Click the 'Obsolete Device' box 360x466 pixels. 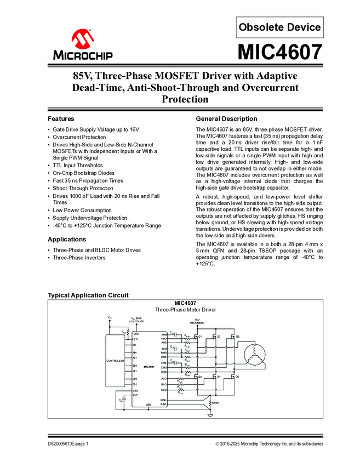[x=279, y=27]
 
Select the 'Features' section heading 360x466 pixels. [x=61, y=118]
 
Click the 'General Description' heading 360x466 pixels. [x=226, y=118]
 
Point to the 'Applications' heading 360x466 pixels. [x=67, y=240]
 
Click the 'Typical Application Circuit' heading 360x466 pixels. [x=88, y=295]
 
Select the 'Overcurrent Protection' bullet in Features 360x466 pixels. [x=79, y=137]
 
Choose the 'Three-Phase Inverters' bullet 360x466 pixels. [x=81, y=258]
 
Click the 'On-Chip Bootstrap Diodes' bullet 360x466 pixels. [x=83, y=173]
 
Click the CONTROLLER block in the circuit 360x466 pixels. [x=115, y=361]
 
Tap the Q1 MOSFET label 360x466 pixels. [x=201, y=336]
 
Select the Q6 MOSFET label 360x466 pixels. [x=238, y=377]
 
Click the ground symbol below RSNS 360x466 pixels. [x=210, y=414]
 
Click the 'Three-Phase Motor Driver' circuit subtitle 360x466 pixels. [x=185, y=310]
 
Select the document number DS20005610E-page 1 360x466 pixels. [x=68, y=444]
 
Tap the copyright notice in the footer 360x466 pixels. [x=269, y=444]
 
